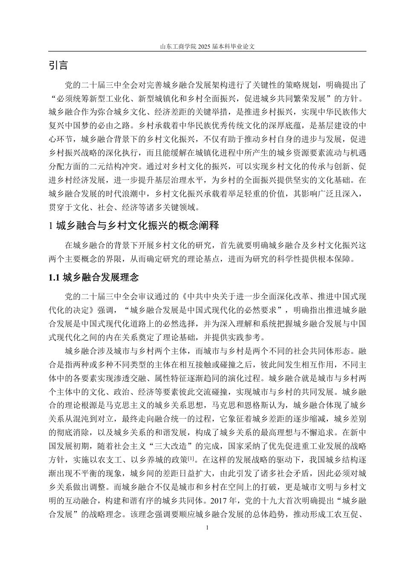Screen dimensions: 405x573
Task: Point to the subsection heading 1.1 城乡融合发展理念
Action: [x=94, y=278]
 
